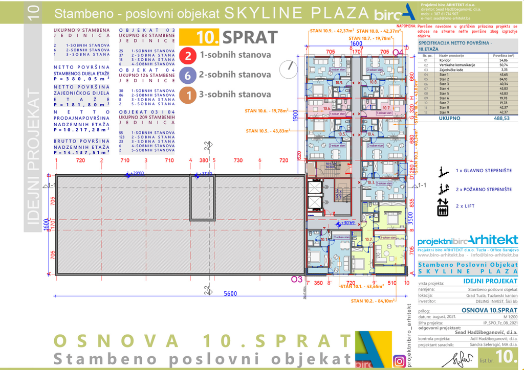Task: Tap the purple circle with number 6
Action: [x=188, y=76]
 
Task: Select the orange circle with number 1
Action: [x=188, y=95]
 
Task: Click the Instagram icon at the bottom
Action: [x=399, y=361]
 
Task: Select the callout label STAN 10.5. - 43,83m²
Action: [x=268, y=130]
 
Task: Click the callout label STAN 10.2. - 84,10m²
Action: [x=373, y=300]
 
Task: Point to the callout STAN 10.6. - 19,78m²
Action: [x=267, y=110]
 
